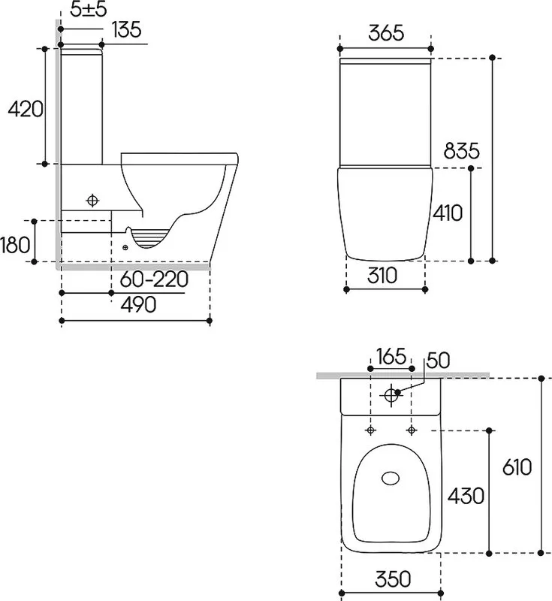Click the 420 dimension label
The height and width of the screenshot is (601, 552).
[x=26, y=109]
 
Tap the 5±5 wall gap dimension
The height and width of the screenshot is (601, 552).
[x=89, y=10]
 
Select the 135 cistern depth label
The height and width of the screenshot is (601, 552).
[x=127, y=29]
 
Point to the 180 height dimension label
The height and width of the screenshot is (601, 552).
[x=15, y=245]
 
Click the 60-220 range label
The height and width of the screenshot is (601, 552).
[x=154, y=279]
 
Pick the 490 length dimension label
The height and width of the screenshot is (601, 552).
[x=138, y=304]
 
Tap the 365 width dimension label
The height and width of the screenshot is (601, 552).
[x=386, y=33]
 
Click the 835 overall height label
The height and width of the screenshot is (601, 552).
[x=461, y=151]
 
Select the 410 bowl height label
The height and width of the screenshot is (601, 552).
[x=448, y=213]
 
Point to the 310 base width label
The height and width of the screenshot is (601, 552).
[x=382, y=275]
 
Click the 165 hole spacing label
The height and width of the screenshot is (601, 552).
[x=391, y=356]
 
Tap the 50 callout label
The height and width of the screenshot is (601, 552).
[x=438, y=361]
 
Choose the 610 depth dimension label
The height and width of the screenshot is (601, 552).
[x=517, y=467]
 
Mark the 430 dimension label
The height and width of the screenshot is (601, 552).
[x=466, y=496]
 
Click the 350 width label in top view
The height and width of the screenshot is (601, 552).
[x=393, y=578]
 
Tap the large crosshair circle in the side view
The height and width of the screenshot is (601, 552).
[x=92, y=200]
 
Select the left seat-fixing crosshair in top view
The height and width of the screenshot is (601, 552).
[x=370, y=430]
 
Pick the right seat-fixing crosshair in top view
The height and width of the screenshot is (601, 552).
[x=412, y=430]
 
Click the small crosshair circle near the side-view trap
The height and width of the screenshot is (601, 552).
[x=125, y=248]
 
